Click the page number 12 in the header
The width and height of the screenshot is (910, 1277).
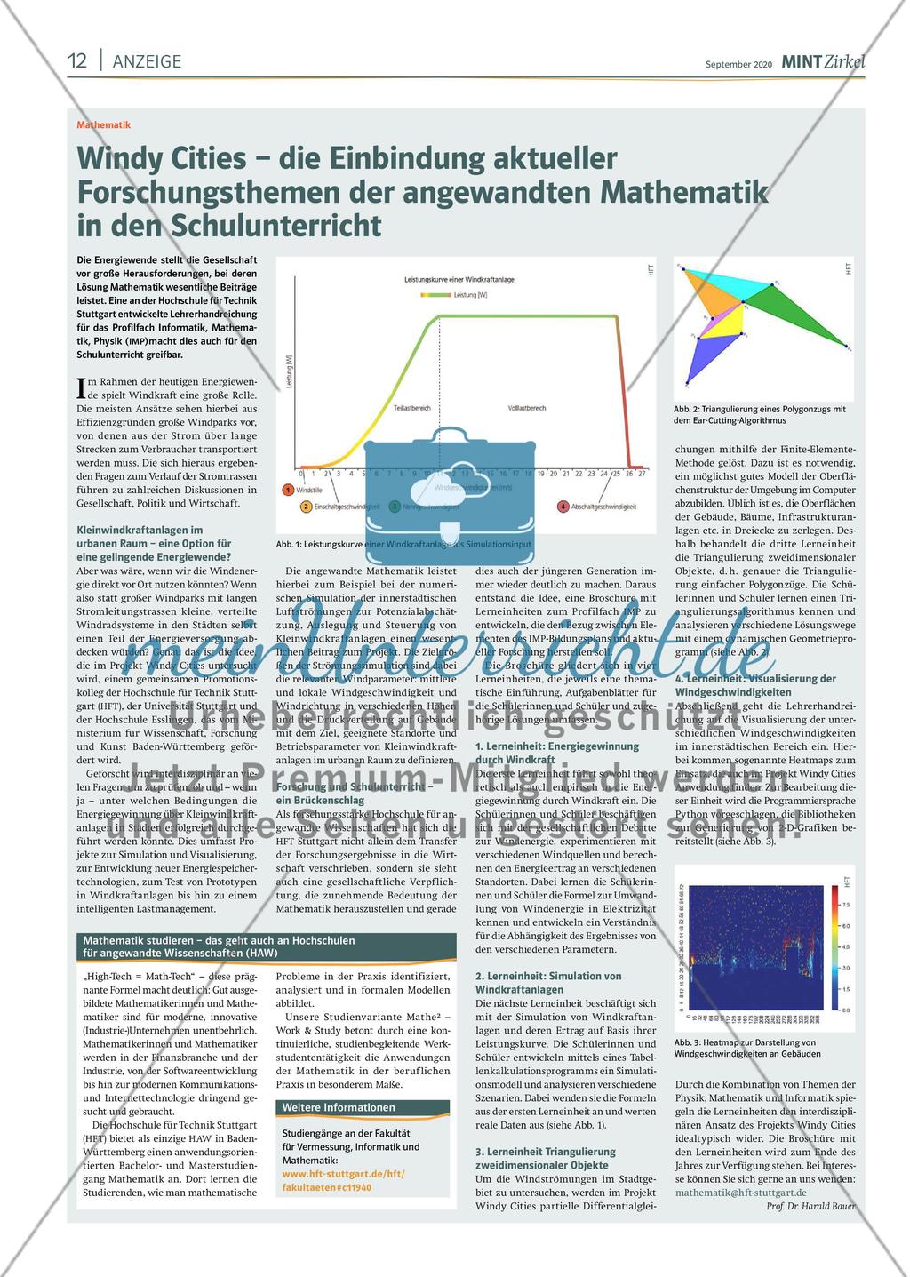(x=77, y=60)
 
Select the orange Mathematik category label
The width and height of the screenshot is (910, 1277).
(x=103, y=125)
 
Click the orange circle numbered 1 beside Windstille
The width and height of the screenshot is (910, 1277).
(x=288, y=489)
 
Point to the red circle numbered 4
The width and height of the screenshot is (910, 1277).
(x=563, y=507)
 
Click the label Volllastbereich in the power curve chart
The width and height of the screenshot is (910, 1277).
(x=526, y=408)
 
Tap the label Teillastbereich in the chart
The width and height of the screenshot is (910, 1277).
(x=411, y=408)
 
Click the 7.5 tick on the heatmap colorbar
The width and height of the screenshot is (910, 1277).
(x=844, y=904)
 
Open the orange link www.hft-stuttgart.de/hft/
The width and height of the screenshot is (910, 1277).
(x=343, y=1173)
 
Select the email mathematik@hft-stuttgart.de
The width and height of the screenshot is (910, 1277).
(x=740, y=1192)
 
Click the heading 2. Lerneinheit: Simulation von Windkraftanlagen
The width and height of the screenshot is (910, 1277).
(x=548, y=982)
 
